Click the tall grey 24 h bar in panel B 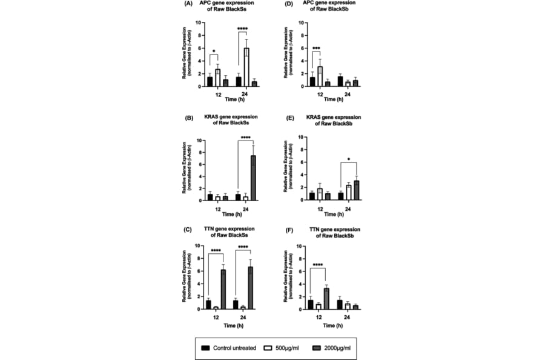pos(254,178)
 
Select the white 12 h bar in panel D pos(320,76)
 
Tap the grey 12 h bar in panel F pos(327,298)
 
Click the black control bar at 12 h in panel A pos(210,82)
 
